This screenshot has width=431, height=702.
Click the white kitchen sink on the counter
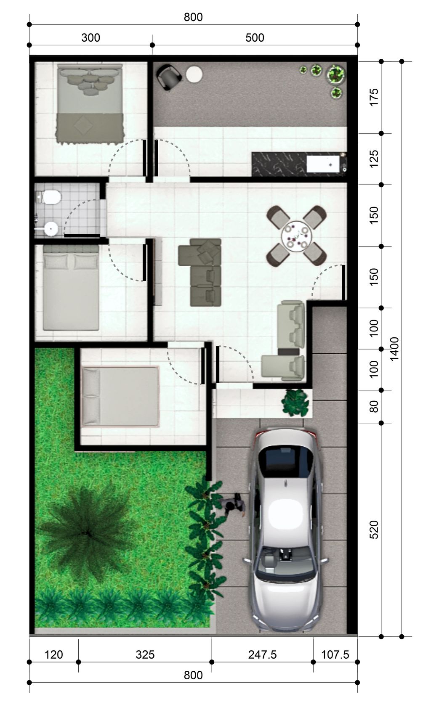323,163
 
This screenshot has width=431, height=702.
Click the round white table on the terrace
194,75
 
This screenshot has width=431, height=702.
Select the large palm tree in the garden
88,532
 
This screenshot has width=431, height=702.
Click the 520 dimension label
374,530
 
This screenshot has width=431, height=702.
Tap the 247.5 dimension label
262,654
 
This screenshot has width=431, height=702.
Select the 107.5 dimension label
335,654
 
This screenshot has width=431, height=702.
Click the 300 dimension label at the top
90,38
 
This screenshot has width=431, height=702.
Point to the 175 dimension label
374,97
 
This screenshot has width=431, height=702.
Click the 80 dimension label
374,406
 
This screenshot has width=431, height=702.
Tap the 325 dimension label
145,654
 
